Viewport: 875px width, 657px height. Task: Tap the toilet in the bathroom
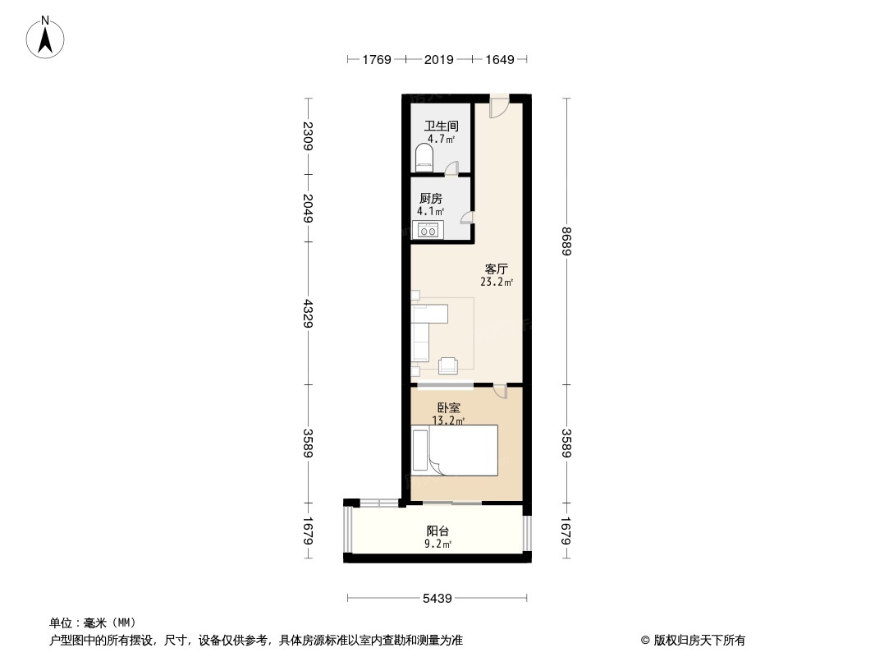(424, 156)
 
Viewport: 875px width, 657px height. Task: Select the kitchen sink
(428, 231)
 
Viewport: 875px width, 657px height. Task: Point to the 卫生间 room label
(441, 126)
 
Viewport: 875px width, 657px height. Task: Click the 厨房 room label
(431, 199)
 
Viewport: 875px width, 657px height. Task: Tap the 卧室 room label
(448, 407)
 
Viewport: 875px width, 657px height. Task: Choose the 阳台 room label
(438, 531)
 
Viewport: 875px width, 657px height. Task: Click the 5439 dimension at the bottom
(438, 599)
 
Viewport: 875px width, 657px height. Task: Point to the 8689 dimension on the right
(566, 241)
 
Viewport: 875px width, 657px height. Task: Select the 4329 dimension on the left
(308, 314)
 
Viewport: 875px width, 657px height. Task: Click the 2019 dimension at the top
(439, 59)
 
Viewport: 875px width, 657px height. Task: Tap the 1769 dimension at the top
(378, 59)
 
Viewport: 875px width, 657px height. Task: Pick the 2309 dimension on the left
(308, 136)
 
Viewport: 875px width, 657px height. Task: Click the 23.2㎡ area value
(497, 282)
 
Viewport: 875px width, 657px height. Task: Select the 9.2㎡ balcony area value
(438, 544)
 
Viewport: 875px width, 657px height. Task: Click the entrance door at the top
(498, 108)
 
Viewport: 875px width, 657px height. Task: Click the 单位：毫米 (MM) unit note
(93, 623)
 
